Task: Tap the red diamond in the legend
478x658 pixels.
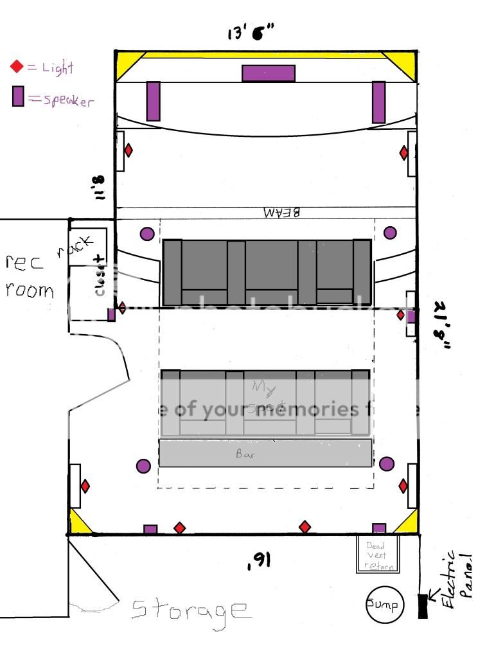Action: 17,66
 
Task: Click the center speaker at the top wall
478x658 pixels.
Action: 269,73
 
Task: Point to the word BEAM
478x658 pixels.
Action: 281,211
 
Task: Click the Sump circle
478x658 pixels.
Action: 384,605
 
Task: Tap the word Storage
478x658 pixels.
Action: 190,609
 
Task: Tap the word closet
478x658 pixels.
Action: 100,276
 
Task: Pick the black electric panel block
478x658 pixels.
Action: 423,606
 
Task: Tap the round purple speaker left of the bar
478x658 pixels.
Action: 144,467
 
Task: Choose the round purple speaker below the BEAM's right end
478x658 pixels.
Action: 390,233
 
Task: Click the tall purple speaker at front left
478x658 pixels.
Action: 153,101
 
